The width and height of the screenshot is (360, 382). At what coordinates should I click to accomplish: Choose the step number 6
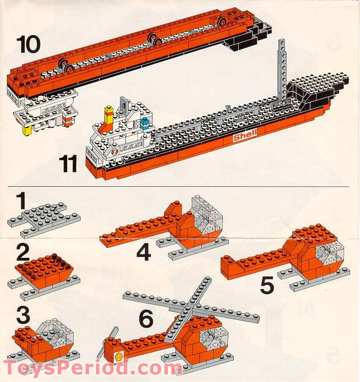146,318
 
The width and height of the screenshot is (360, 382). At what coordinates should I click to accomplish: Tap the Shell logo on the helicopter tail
120,355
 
